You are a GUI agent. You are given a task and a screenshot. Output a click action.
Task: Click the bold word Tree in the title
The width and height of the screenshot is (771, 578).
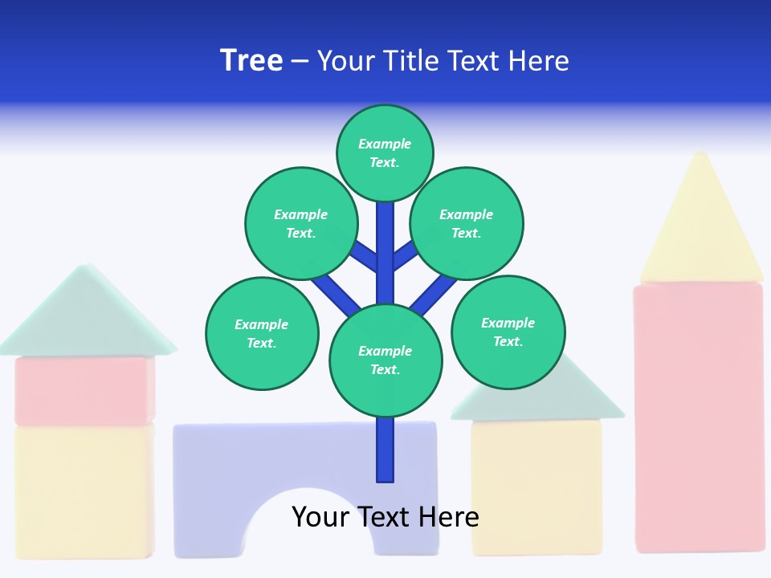pos(251,61)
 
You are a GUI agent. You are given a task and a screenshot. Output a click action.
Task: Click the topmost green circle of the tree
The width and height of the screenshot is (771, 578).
pos(385,153)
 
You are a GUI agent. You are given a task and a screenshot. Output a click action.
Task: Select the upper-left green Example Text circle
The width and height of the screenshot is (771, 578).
pos(300,223)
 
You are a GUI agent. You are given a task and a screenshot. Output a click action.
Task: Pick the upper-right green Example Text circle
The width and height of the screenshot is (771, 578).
pos(467,223)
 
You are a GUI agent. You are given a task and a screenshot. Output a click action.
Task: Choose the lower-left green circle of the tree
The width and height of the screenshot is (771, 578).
pos(262,333)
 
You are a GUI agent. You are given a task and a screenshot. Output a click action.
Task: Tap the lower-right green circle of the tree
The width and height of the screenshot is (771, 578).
pos(508,332)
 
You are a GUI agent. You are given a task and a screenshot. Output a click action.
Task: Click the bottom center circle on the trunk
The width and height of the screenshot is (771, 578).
pos(385,360)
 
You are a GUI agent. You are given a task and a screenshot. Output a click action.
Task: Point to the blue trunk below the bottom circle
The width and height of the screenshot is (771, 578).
pos(385,450)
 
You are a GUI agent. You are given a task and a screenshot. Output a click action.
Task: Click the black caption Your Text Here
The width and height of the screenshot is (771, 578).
pos(385,516)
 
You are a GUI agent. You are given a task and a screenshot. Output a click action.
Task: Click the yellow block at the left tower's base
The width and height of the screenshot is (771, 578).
pos(84,490)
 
